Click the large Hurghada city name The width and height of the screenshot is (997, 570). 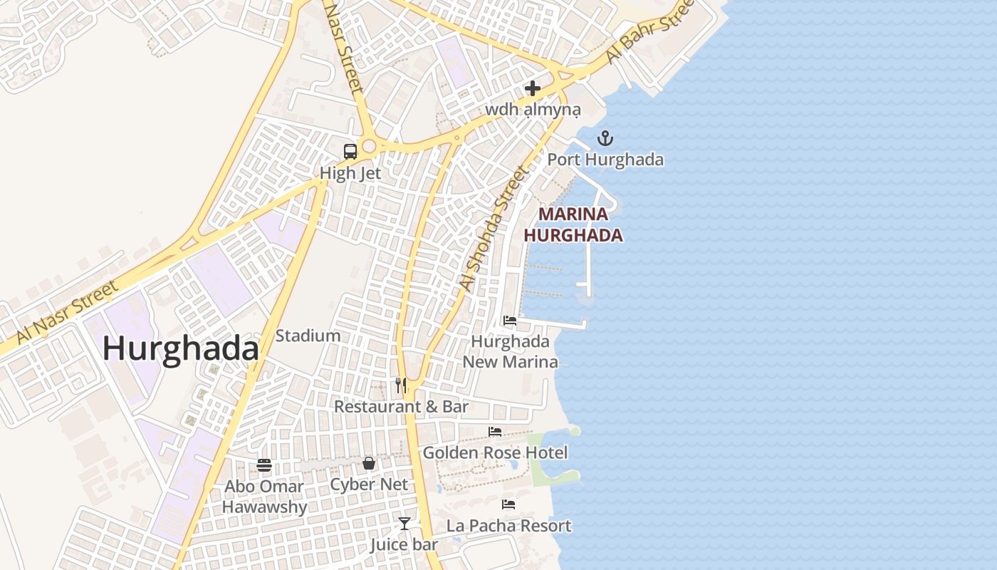pos(180,349)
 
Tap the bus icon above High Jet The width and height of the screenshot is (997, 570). pos(350,151)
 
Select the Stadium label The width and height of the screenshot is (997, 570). pos(308,336)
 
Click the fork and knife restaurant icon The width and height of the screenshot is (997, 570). pos(401,385)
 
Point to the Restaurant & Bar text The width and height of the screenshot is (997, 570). pos(401,407)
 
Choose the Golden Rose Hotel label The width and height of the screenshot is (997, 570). pos(495,452)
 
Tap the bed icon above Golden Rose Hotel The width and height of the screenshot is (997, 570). pos(495,432)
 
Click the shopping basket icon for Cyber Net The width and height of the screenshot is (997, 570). pos(369,463)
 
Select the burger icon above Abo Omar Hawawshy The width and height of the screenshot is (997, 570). pos(264,465)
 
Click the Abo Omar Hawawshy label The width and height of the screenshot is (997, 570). pos(264,497)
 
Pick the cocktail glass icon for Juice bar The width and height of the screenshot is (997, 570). pos(404,524)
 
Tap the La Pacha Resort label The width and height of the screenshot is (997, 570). pos(508,526)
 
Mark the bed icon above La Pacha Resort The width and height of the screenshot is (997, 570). pos(508,504)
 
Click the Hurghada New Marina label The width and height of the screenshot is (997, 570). pos(510,351)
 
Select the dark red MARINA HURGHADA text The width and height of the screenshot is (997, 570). pos(573,224)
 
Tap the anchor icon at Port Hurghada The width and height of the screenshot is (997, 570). pos(605,138)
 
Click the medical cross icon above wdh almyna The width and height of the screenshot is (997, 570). pos(532,88)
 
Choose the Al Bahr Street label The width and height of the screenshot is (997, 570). pos(649,31)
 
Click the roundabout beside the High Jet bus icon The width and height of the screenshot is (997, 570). pos(368,147)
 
